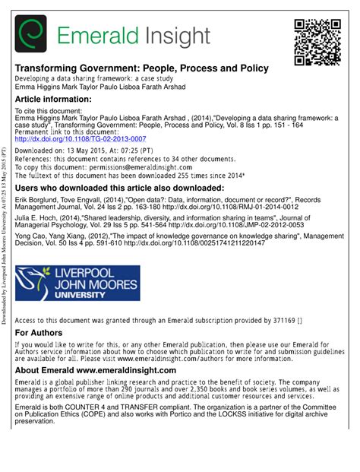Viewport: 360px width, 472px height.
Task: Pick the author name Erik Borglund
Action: [38, 199]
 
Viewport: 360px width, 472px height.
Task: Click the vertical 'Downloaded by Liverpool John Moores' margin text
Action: [6, 259]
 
